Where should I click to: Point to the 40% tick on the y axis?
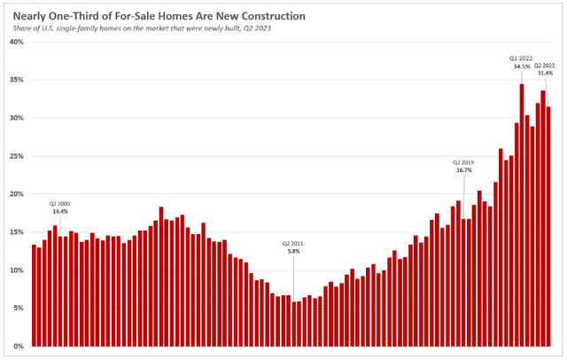coord(18,42)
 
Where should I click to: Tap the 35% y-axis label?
coord(18,80)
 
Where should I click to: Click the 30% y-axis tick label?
coord(18,118)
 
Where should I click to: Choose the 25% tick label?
coord(18,156)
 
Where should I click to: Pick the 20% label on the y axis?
coord(18,193)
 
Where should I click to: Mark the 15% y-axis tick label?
coord(18,231)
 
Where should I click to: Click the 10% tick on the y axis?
coord(18,270)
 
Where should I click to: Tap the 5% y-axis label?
coord(19,308)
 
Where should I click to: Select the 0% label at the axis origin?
coord(19,346)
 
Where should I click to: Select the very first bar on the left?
coord(34,295)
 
